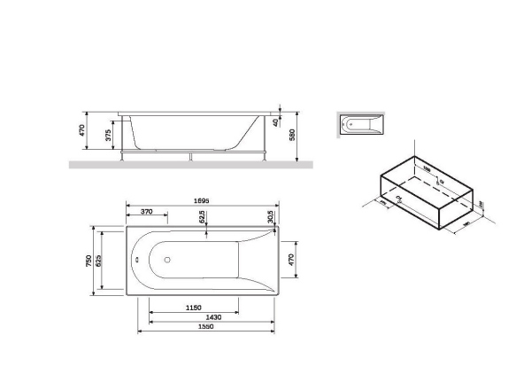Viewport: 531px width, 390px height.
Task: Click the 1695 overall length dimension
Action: (204, 200)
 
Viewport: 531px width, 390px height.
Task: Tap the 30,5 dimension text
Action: (270, 216)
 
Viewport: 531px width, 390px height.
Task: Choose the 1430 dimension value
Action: (212, 316)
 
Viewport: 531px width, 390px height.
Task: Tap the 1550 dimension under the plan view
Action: (207, 327)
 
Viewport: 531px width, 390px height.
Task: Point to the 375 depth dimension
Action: (108, 136)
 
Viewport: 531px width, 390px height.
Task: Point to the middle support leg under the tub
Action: (190, 157)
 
